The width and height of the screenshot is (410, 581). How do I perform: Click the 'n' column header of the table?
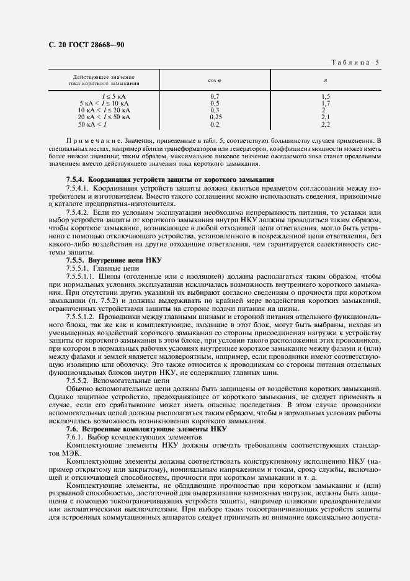coord(326,80)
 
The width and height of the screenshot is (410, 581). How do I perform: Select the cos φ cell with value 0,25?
coord(216,116)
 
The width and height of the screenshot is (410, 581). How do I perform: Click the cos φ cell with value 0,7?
coord(216,97)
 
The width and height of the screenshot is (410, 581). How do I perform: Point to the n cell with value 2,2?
coord(326,123)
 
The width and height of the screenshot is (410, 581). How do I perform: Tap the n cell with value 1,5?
coord(326,97)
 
